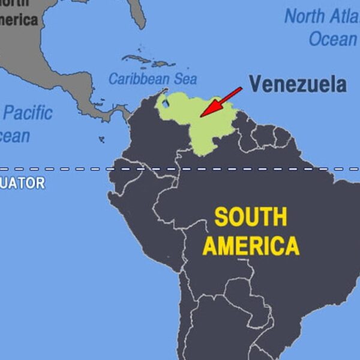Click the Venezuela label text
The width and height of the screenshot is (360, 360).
pos(298,83)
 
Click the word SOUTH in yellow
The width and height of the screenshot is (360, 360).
pos(251,217)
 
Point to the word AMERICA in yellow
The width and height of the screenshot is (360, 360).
pos(251,245)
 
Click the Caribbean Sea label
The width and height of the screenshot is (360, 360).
pos(152,79)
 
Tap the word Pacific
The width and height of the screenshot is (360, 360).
pos(28,113)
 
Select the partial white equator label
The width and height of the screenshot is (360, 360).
pos(22,183)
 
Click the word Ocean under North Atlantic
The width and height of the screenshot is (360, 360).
pos(333,40)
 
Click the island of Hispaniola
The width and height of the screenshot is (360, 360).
pos(161,63)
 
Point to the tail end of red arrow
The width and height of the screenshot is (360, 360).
pos(241,88)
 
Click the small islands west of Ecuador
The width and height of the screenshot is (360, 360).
pos(101,140)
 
